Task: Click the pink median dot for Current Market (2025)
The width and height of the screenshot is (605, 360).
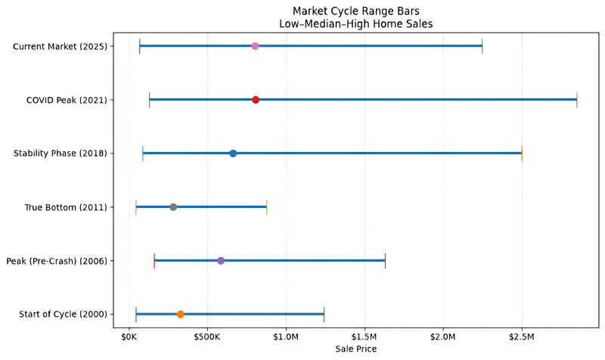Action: coord(255,46)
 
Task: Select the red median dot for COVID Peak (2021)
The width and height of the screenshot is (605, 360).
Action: coord(256,100)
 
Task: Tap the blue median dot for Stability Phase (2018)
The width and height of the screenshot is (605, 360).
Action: coord(233,154)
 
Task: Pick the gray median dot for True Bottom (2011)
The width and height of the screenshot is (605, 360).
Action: coord(173,207)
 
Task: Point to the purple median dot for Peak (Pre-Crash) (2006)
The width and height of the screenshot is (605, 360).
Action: coord(221,261)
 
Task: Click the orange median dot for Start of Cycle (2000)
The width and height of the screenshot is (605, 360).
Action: coord(180,315)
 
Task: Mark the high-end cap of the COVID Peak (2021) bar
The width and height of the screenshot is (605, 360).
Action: coord(577,100)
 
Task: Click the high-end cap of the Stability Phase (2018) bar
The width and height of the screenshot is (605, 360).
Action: coord(522,154)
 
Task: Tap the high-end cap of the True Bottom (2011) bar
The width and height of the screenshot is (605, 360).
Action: coord(267,207)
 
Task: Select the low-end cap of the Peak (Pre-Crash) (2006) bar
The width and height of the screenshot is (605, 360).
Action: coord(154,261)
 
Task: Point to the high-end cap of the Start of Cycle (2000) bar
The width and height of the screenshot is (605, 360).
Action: coord(324,315)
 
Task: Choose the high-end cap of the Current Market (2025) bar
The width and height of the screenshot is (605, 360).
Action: coord(482,46)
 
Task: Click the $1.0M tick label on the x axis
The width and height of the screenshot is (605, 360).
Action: coord(286,337)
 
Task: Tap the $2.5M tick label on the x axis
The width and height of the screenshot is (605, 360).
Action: coord(522,337)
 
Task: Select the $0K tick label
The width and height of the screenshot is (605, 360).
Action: coord(129,337)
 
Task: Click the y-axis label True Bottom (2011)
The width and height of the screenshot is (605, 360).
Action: coord(66,207)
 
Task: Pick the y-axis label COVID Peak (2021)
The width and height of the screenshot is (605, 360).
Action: coord(67,101)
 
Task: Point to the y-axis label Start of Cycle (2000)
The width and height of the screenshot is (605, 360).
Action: coord(64,315)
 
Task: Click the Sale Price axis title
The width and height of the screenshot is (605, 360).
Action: coord(355,349)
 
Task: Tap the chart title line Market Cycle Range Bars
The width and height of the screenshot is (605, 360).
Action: coord(355,11)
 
